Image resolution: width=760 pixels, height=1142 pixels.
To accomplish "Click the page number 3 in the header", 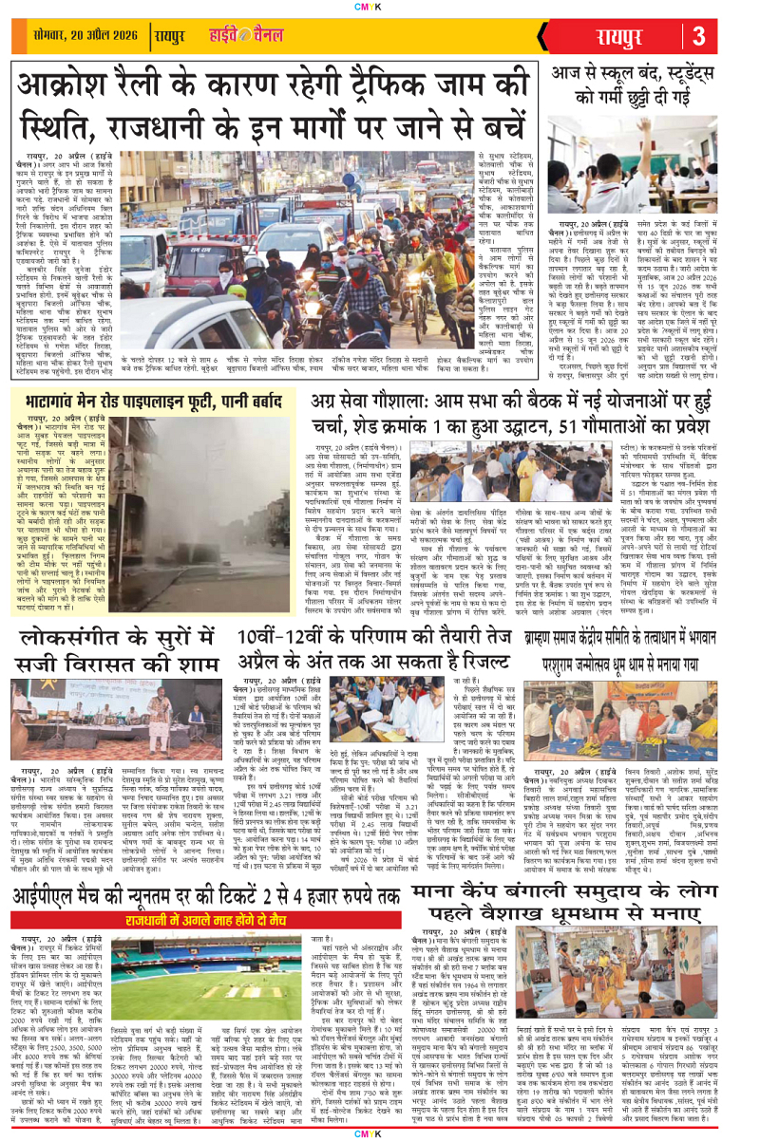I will click(725, 37).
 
